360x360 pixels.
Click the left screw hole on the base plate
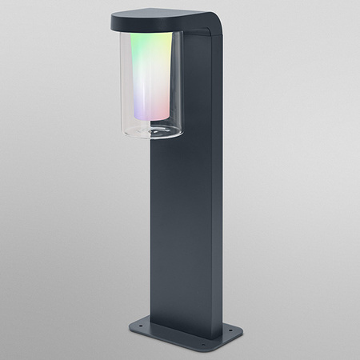(134, 322)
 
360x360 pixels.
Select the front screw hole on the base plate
(198, 346)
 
